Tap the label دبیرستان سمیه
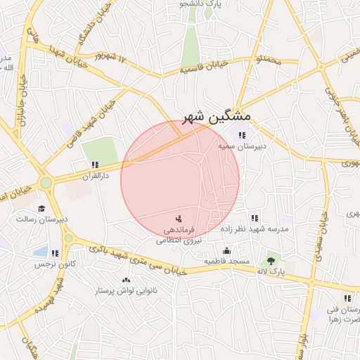pyautogui.click(x=243, y=146)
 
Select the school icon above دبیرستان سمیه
pyautogui.click(x=243, y=135)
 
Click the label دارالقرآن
pyautogui.click(x=95, y=176)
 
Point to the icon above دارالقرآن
pyautogui.click(x=95, y=165)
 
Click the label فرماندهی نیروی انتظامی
pyautogui.click(x=179, y=235)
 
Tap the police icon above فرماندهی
pyautogui.click(x=178, y=219)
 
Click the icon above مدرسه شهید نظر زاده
pyautogui.click(x=254, y=218)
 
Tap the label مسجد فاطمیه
pyautogui.click(x=227, y=262)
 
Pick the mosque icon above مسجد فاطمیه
pyautogui.click(x=227, y=250)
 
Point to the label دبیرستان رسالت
pyautogui.click(x=43, y=219)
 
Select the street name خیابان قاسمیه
pyautogui.click(x=206, y=67)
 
